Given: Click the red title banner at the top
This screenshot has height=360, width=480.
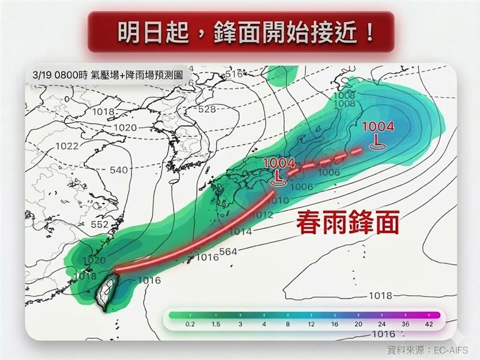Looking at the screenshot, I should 240,31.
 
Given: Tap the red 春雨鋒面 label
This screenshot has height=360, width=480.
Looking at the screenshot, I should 348,224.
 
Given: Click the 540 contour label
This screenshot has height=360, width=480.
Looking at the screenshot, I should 119,170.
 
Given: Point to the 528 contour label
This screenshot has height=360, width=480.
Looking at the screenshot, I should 206,109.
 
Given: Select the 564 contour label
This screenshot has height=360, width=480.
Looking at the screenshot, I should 230,251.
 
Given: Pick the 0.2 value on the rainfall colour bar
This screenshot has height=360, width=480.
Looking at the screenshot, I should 174,324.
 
